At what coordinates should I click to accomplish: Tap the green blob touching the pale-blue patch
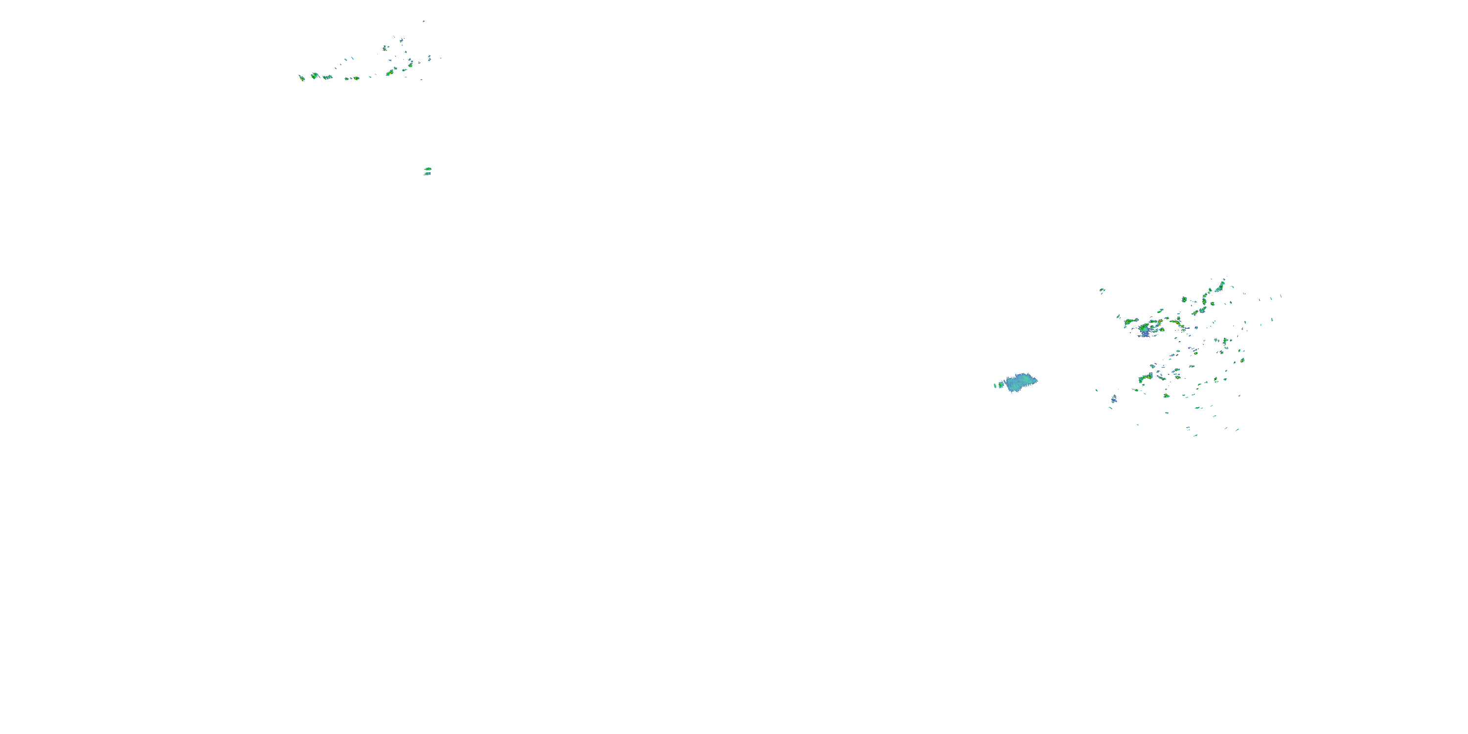(1001, 385)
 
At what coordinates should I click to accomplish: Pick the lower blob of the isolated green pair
(427, 174)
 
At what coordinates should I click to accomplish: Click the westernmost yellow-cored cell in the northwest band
(301, 77)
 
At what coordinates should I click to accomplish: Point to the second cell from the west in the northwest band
(315, 76)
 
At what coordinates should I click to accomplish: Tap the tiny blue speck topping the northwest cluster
(423, 21)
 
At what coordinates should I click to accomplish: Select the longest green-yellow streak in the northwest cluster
(391, 72)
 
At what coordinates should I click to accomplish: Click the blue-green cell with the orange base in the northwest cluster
(385, 48)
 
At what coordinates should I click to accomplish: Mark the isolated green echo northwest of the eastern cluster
(1102, 290)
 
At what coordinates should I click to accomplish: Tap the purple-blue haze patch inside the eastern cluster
(1145, 330)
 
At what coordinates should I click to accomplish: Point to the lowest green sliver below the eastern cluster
(1195, 436)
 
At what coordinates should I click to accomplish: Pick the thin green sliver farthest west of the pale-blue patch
(995, 386)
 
